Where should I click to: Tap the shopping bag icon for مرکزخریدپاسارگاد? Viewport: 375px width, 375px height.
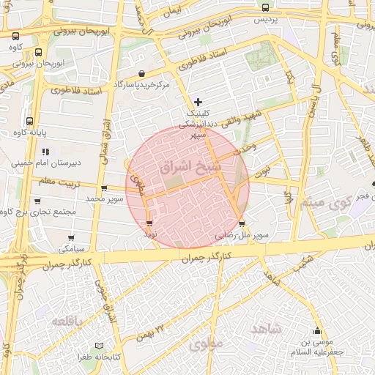[141, 73]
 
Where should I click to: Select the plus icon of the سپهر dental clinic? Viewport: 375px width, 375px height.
[198, 101]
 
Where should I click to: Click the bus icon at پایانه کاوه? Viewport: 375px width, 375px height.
[29, 121]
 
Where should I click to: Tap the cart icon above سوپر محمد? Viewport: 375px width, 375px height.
[105, 188]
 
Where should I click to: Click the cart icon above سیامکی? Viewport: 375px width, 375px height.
[71, 238]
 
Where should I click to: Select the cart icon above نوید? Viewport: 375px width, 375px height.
[150, 223]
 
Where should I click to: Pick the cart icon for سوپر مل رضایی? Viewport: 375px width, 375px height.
[242, 224]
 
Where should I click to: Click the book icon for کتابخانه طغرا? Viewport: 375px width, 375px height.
[100, 345]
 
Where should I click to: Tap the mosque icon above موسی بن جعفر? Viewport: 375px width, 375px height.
[317, 330]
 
